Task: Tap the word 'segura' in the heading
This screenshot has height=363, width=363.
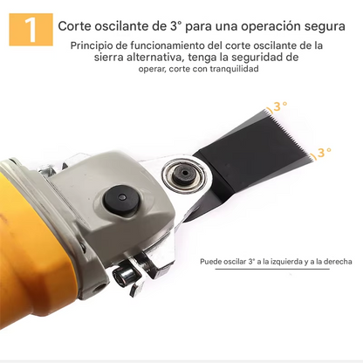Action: tap(321, 26)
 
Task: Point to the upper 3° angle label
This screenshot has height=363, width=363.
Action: tap(278, 107)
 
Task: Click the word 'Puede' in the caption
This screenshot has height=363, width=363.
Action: tap(212, 261)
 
